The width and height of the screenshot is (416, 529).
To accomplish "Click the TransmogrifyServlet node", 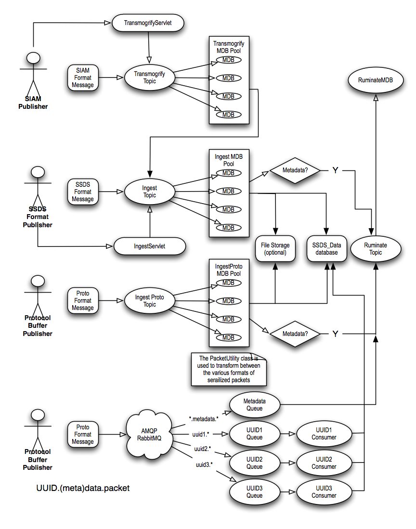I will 147,23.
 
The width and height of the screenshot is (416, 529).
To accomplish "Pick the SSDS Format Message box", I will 82,192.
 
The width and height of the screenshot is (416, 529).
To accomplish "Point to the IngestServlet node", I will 149,246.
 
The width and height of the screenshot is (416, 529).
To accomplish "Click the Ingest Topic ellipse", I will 150,192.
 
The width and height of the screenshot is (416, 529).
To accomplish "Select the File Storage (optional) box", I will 275,249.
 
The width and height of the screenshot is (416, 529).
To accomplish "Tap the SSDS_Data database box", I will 327,249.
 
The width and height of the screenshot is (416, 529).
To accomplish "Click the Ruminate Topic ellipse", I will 376,249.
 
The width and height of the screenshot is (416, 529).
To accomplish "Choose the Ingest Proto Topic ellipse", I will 149,301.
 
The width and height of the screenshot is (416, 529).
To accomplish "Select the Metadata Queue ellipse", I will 254,404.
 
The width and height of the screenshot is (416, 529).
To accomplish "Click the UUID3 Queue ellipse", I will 254,491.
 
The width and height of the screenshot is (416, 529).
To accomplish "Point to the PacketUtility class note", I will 229,369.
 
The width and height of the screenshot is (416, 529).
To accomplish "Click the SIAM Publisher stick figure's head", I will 33,58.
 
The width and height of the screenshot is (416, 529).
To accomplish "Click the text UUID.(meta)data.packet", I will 83,488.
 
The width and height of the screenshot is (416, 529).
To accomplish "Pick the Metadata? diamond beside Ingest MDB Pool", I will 295,171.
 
